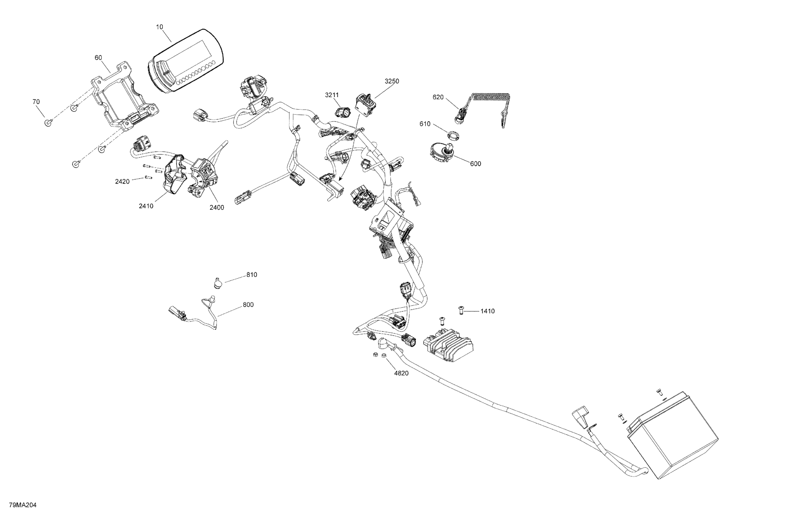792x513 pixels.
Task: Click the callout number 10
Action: [160, 27]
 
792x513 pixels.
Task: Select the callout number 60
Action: [98, 58]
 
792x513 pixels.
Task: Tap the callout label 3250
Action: [392, 81]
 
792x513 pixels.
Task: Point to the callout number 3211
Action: [332, 95]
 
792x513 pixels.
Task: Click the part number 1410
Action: [488, 311]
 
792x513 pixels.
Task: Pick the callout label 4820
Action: [401, 373]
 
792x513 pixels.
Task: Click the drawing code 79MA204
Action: [23, 505]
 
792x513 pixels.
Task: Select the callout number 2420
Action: [122, 182]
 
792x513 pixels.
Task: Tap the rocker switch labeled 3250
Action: [366, 105]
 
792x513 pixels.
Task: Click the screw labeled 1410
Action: [461, 310]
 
